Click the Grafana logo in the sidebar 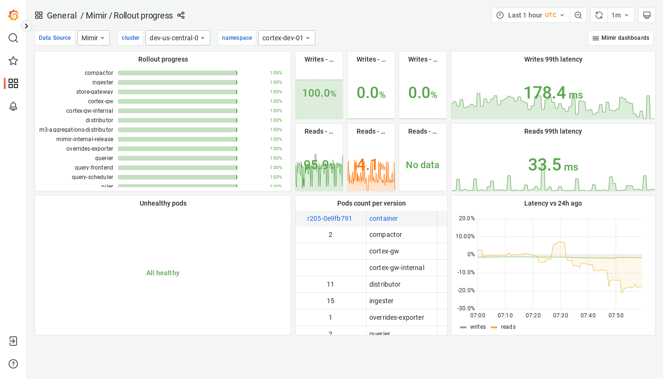click(13, 15)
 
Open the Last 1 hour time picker click(530, 15)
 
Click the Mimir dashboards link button click(620, 38)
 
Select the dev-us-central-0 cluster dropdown click(178, 38)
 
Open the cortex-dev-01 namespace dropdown click(287, 38)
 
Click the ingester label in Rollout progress click(103, 82)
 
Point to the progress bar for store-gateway click(178, 92)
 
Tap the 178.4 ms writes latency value click(553, 93)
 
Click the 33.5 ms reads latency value click(553, 165)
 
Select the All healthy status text click(163, 273)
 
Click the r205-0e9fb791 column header click(330, 218)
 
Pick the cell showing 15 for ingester click(331, 301)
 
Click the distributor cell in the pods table click(385, 284)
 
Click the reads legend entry click(508, 327)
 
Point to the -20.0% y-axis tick click(466, 290)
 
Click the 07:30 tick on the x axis click(561, 316)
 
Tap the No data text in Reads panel click(422, 165)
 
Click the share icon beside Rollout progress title click(181, 15)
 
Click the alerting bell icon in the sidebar click(13, 106)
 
